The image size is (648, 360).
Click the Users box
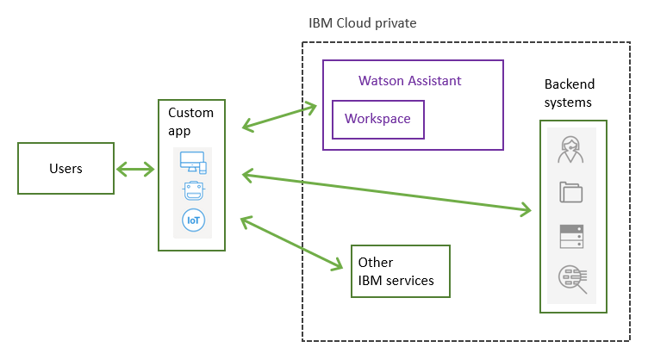point(65,168)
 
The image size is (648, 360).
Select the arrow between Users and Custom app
point(135,168)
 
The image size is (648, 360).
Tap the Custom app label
point(190,121)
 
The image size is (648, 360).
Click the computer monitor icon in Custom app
point(192,160)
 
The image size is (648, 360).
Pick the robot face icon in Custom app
point(192,190)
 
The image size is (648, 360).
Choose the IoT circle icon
point(192,220)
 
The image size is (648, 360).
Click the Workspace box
point(378,119)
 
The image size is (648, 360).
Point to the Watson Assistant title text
point(409,81)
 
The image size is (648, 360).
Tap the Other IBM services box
point(400,271)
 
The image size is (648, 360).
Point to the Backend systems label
point(569,93)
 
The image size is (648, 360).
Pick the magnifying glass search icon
point(572,277)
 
